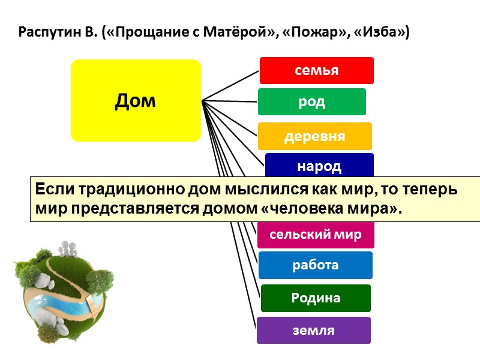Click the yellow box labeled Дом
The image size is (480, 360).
136,101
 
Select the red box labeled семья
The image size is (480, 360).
316,70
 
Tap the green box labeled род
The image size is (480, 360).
311,102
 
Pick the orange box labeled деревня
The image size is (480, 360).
314,136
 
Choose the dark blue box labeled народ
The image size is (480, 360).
319,166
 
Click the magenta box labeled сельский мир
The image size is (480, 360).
316,235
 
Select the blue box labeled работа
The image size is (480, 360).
315,265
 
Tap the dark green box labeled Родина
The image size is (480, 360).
316,298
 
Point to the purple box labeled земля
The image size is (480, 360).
314,330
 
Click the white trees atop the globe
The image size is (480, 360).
67,247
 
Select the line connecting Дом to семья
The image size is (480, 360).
231,85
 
